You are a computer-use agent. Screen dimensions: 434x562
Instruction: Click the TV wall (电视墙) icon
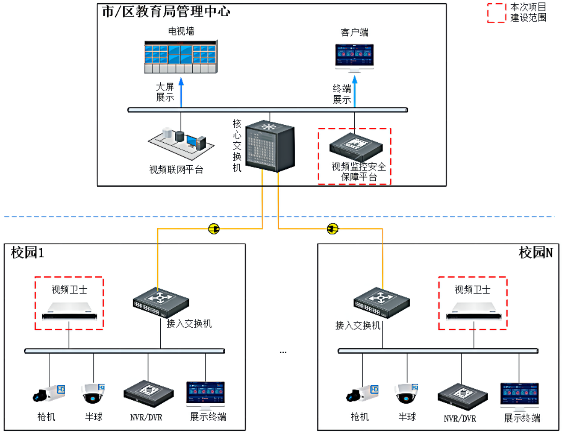180,57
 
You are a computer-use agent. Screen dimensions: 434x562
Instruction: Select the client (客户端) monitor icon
354,57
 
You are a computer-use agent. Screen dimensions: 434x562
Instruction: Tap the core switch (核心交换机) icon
269,146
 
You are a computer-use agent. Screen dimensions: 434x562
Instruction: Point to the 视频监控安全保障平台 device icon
356,147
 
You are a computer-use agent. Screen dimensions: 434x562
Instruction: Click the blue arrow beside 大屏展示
181,93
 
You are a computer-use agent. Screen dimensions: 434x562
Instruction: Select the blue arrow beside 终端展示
355,93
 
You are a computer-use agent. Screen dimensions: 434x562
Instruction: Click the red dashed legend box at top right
497,13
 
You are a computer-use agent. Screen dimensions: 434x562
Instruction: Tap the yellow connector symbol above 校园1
214,229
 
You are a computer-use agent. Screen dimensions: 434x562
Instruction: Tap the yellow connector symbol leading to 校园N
332,229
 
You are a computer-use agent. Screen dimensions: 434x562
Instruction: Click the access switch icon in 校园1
161,302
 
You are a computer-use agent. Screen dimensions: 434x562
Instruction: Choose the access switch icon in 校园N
381,302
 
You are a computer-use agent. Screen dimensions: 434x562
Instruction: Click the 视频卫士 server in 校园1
69,311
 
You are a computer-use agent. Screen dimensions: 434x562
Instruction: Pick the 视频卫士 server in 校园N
473,311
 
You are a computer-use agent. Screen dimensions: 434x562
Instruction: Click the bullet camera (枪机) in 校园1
49,393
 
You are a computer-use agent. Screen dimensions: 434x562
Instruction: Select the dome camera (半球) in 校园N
406,393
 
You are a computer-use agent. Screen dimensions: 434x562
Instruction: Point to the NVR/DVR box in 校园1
148,394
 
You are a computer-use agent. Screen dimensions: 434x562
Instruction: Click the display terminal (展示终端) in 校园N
519,395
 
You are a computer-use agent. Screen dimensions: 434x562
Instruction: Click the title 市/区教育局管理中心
166,12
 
